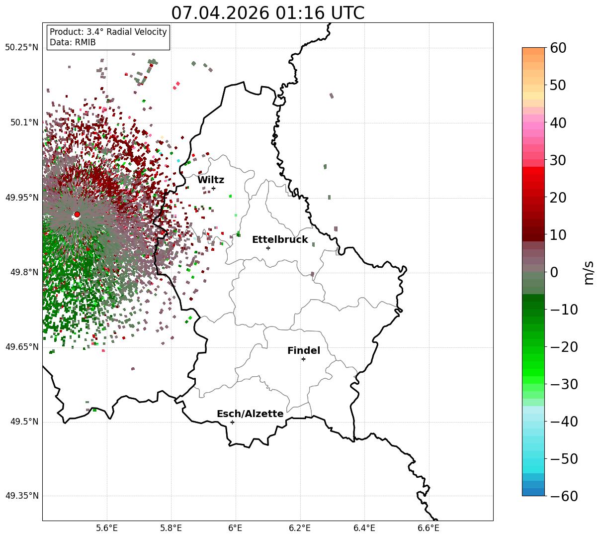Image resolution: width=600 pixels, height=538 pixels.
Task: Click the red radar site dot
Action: (77, 215)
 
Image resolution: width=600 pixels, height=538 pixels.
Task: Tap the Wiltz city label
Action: (211, 180)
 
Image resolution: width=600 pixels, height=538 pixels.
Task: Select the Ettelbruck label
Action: (280, 239)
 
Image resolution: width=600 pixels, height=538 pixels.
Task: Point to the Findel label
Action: (304, 350)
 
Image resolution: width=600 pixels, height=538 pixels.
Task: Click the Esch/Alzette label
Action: (250, 414)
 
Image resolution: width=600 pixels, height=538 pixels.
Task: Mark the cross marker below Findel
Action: (303, 359)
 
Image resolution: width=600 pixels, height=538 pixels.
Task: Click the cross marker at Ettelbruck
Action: (268, 248)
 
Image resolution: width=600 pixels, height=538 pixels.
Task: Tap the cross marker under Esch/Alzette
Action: (232, 422)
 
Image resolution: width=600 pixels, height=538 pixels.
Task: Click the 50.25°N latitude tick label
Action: (21, 47)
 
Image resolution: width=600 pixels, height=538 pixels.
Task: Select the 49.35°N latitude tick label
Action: (21, 496)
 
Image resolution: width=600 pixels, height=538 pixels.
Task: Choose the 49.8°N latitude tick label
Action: (24, 272)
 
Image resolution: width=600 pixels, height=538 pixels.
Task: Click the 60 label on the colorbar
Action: (558, 48)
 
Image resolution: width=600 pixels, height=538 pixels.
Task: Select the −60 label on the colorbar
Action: (564, 496)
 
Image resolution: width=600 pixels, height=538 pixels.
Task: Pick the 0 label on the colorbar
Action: (554, 272)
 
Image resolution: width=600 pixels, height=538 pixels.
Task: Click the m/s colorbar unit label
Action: (589, 273)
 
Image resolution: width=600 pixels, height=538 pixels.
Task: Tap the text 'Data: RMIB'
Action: (73, 42)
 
